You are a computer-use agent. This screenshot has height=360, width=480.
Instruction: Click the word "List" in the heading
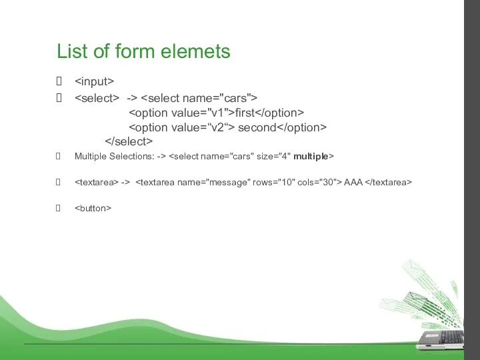point(69,51)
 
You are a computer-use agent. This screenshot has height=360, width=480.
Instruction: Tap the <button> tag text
point(93,208)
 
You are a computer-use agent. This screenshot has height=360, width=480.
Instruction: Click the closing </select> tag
point(129,141)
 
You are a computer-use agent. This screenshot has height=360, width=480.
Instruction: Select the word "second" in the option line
point(257,127)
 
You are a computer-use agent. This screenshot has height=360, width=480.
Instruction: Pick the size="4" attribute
point(276,157)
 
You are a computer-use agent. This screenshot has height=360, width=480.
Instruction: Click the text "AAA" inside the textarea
point(353,181)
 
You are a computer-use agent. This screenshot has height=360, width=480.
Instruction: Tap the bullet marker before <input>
point(60,82)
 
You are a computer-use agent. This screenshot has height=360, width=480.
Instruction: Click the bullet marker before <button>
point(60,208)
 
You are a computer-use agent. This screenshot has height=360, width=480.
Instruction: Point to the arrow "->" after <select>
point(132,98)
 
